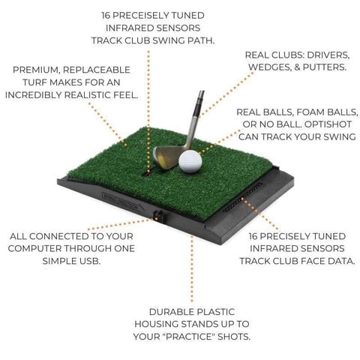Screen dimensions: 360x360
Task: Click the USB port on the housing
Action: (158, 216)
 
